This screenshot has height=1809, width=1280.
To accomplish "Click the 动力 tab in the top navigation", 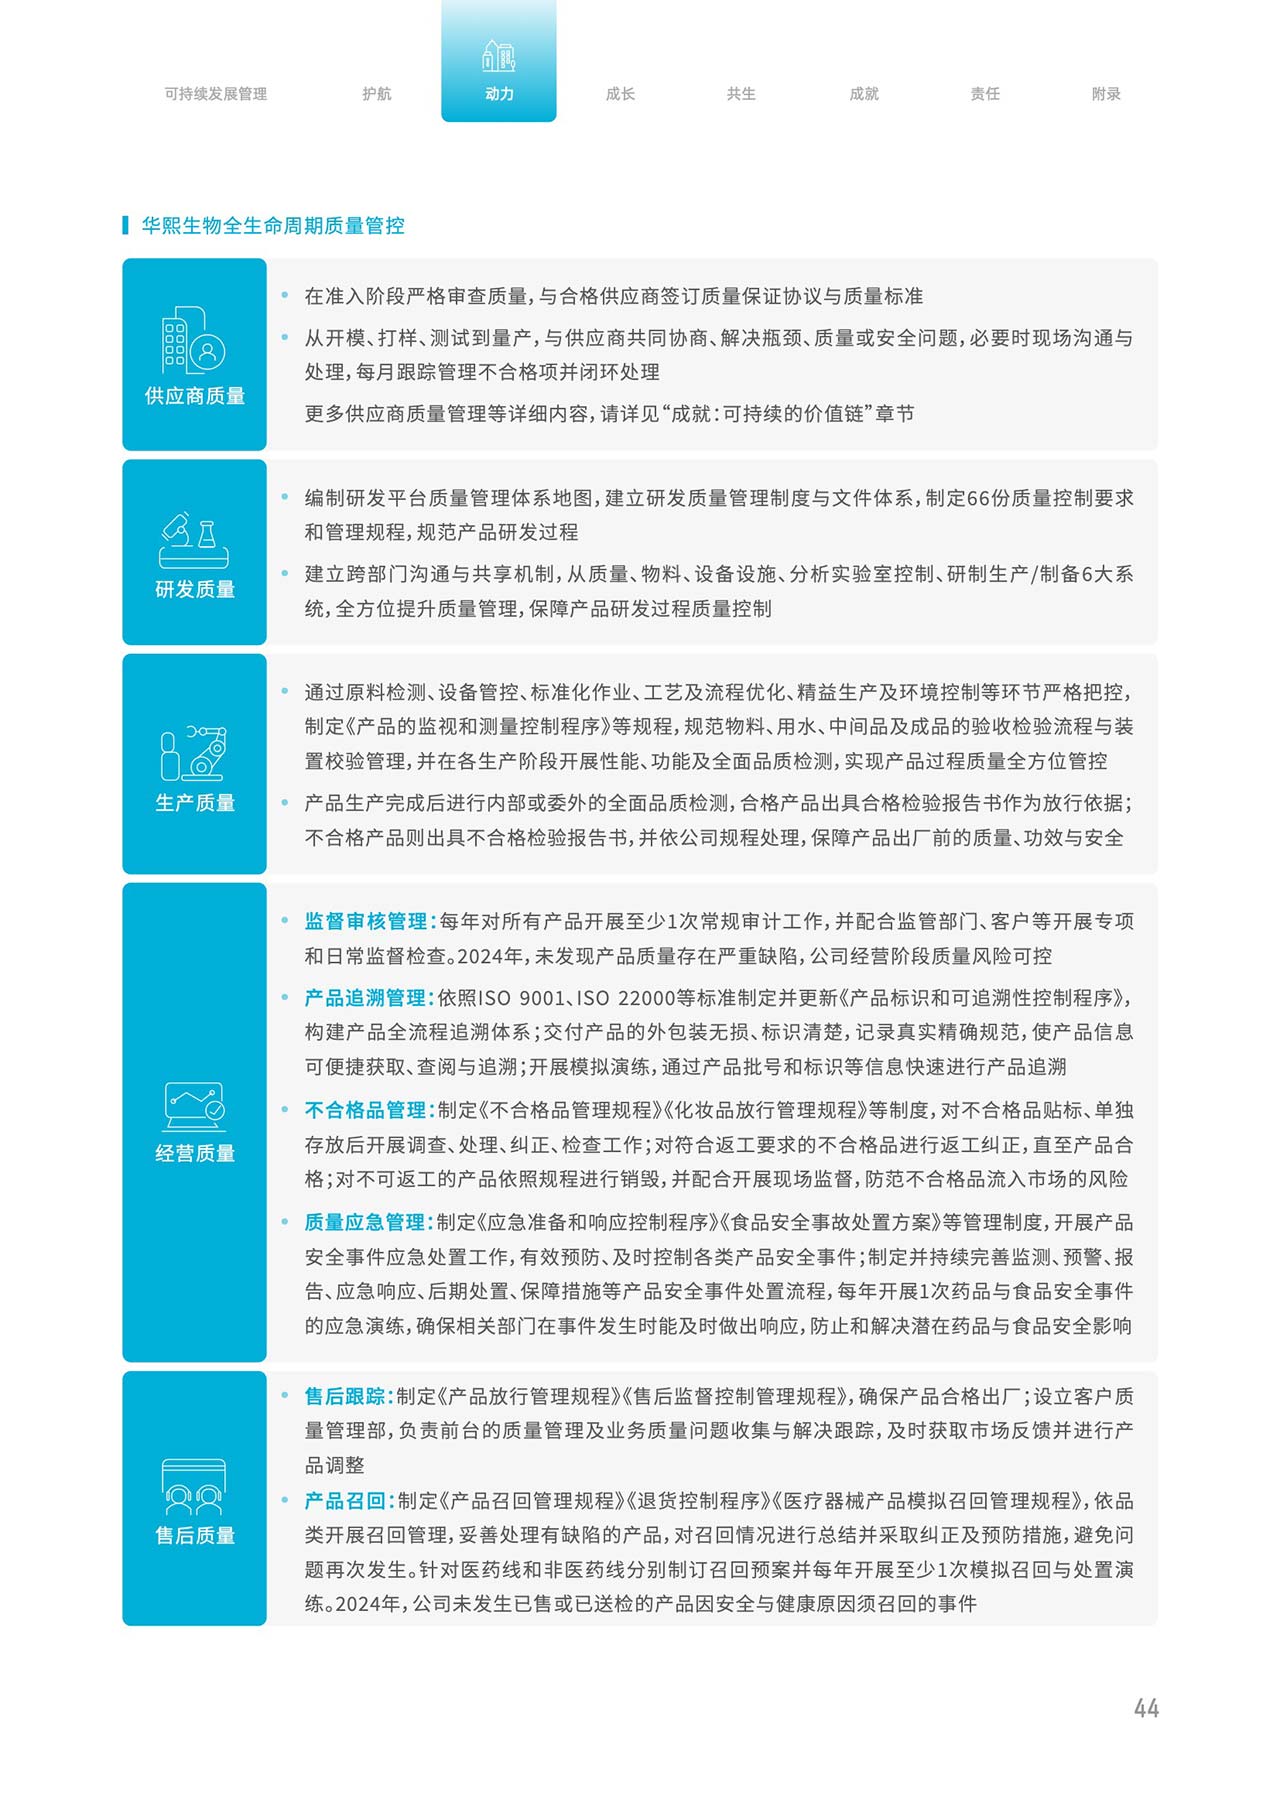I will pos(499,94).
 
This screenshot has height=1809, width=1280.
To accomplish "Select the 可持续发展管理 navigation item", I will pos(216,94).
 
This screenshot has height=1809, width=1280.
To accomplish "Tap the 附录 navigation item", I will pos(1106,94).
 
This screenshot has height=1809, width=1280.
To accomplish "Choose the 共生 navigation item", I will pos(741,94).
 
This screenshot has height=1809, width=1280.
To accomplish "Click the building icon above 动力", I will pos(499,56).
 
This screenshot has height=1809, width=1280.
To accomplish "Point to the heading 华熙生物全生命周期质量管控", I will pos(273,226).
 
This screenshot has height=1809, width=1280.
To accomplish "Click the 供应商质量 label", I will pos(195,396).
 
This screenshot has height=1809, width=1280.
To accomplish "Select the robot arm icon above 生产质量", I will pos(194,753).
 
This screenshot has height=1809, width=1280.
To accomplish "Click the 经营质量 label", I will pos(195,1153).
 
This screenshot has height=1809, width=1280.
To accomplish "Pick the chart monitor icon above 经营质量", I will pos(194,1106).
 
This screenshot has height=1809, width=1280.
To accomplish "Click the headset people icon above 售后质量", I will pos(194,1487).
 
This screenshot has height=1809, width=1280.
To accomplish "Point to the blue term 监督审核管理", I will pos(366,921).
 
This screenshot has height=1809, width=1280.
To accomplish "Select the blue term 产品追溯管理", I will pos(366,997).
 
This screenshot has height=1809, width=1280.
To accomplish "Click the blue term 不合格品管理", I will pos(366,1110).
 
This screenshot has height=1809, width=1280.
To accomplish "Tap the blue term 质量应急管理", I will pos(366,1222).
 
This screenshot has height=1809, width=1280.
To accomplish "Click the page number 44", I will pos(1146,1708).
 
